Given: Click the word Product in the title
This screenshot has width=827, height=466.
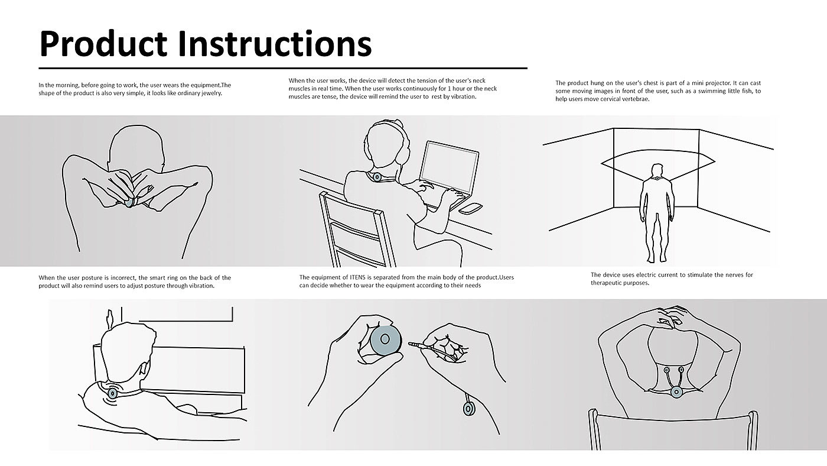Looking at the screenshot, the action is (x=103, y=44).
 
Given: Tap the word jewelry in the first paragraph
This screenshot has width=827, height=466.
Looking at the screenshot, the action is (x=211, y=93).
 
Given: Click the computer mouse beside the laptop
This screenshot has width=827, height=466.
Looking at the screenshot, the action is (x=470, y=208).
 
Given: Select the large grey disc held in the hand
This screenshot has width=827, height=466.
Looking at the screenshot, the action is (x=385, y=340).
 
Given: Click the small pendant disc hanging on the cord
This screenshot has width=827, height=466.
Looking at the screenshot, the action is (x=469, y=409).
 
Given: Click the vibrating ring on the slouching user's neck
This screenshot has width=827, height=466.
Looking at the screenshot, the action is (x=113, y=393).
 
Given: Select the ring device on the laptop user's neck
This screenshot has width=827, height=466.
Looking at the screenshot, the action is (x=377, y=177).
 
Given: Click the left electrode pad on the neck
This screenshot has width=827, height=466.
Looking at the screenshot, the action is (x=666, y=370).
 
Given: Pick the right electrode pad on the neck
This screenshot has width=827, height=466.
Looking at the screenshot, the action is (x=681, y=370).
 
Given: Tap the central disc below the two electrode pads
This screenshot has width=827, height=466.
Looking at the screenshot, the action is (x=676, y=392).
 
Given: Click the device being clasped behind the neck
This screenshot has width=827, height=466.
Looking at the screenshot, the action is (x=129, y=202).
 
